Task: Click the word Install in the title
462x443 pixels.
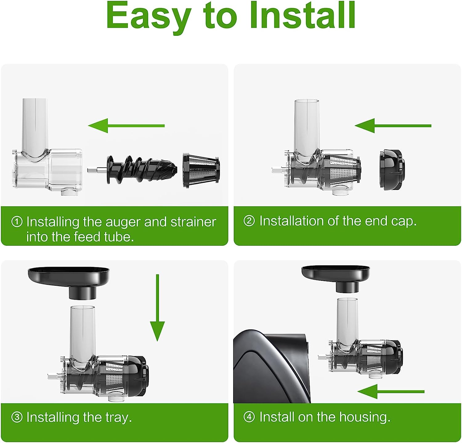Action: click(303, 15)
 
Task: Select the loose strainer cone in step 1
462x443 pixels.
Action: click(201, 170)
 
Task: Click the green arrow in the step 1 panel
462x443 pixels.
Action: click(126, 125)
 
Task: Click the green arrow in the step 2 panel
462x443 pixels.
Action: click(393, 125)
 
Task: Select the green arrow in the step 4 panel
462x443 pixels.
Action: click(391, 392)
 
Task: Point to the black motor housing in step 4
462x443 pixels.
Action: click(271, 367)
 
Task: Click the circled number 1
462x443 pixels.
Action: click(17, 222)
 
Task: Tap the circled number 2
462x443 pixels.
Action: click(249, 221)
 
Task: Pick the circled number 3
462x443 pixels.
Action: click(17, 417)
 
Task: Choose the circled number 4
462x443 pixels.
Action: click(249, 417)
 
